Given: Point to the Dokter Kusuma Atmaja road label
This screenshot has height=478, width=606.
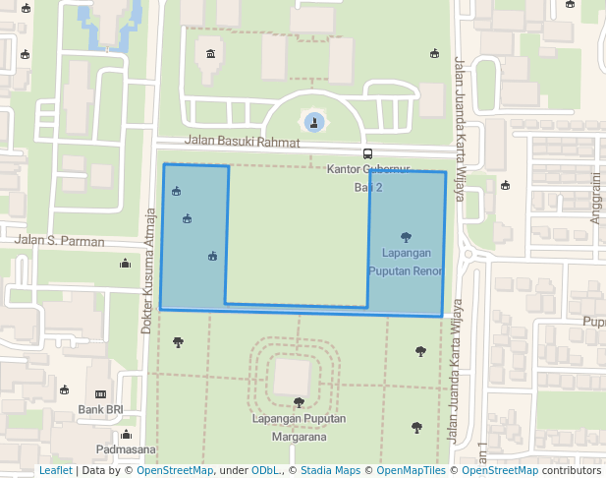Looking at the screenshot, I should (x=149, y=270).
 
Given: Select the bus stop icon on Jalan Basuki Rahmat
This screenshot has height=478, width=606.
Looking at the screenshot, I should (x=368, y=153).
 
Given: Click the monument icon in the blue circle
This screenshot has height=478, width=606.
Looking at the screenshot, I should (x=314, y=123).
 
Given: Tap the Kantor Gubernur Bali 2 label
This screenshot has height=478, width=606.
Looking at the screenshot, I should (x=368, y=178).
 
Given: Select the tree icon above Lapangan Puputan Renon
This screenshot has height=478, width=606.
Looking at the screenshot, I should (x=406, y=236).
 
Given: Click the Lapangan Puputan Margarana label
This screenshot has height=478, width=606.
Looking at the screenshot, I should (x=299, y=428).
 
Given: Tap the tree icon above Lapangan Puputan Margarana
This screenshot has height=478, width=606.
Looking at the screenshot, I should (x=299, y=401).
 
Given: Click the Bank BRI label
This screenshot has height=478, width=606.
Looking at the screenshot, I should (x=100, y=409).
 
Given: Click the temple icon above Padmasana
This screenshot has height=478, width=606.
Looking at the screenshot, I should (x=126, y=434).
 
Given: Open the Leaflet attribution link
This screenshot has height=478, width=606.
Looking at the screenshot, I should (x=55, y=470).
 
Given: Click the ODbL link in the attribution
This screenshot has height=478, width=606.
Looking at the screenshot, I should (x=266, y=470).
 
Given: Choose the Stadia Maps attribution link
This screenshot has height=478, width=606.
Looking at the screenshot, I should (x=329, y=470).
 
